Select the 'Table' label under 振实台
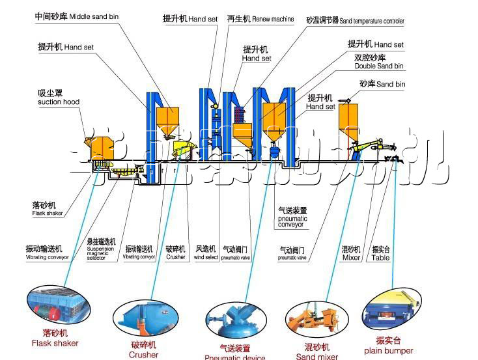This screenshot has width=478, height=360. point(380,258)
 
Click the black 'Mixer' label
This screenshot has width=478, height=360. point(351,258)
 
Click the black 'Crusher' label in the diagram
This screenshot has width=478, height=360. point(175,257)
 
